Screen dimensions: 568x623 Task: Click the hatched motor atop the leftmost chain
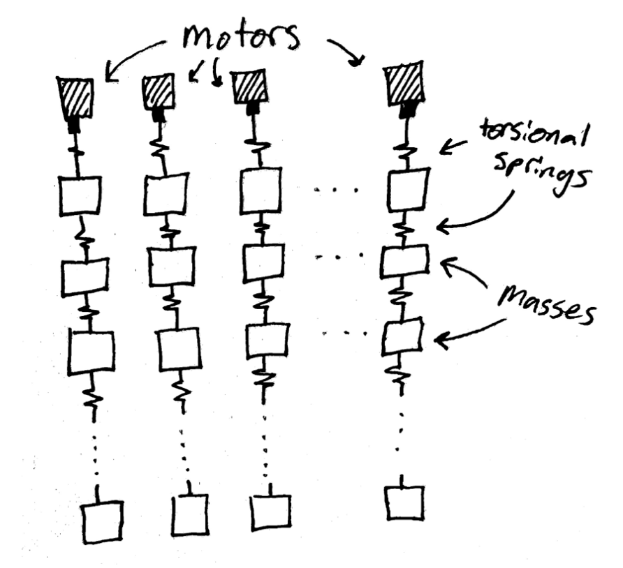point(75,98)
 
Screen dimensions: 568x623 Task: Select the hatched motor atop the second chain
point(159,91)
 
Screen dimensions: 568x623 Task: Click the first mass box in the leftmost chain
point(79,196)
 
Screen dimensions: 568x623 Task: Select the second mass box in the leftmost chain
point(85,277)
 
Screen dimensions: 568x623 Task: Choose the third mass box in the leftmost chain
point(91,352)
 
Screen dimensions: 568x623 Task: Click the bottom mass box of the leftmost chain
point(103,521)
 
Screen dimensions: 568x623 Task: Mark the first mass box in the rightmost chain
point(408,188)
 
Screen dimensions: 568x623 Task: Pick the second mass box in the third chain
point(264,262)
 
